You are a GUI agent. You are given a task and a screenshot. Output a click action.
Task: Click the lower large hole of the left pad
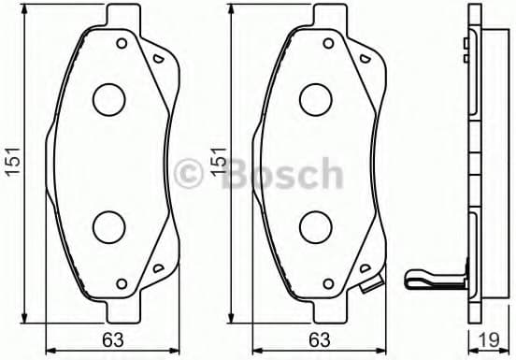[110, 224]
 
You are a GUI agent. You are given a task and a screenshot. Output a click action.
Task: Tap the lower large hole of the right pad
[317, 224]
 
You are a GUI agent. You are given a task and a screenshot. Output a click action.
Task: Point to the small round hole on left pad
[121, 42]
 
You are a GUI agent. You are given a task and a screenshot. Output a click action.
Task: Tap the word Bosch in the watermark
[280, 174]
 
